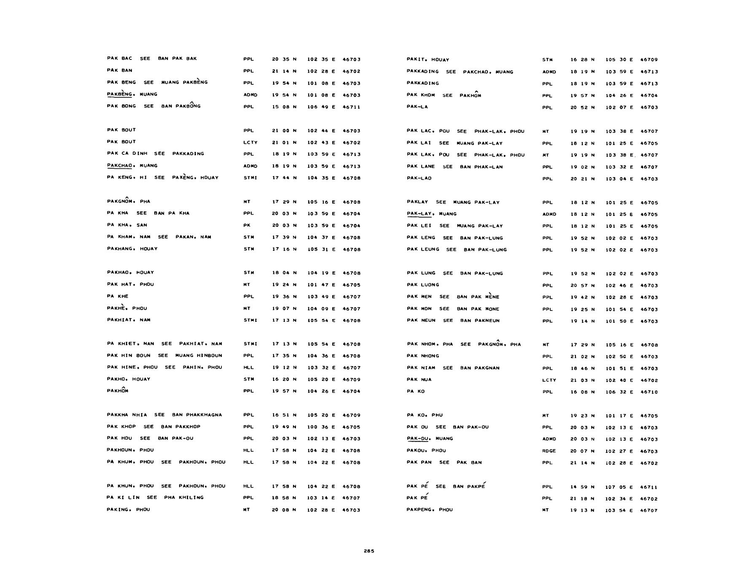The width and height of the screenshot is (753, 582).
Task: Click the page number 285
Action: [x=368, y=551]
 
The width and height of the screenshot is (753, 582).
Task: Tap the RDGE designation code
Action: [x=549, y=451]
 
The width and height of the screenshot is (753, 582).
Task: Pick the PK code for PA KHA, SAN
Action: [x=247, y=225]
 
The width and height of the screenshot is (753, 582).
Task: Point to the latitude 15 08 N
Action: [x=284, y=107]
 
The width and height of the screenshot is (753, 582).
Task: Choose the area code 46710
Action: [x=649, y=392]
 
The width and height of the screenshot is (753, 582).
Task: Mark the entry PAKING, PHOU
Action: [x=128, y=509]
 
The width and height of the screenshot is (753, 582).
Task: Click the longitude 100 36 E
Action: [x=321, y=427]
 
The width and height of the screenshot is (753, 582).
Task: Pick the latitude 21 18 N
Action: [x=582, y=498]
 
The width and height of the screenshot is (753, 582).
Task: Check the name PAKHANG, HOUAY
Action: [x=132, y=249]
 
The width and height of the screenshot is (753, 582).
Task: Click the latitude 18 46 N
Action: [x=582, y=368]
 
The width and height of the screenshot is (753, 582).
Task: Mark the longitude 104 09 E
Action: [x=321, y=309]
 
